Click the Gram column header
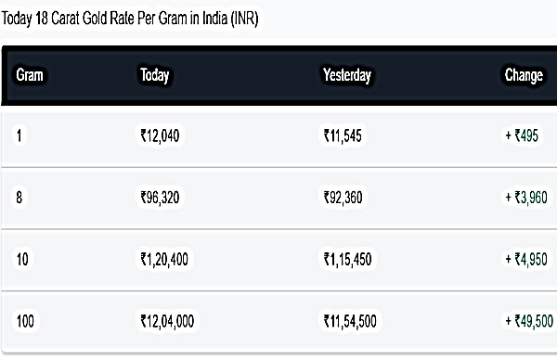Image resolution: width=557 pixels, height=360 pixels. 32,76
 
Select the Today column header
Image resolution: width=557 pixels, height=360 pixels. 154,76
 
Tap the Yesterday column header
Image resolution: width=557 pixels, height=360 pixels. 346,76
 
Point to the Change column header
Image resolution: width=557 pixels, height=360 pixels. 524,76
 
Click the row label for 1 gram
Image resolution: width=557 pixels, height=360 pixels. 19,136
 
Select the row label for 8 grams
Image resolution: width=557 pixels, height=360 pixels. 19,198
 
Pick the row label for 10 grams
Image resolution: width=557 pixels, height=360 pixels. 23,259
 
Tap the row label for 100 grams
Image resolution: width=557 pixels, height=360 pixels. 27,321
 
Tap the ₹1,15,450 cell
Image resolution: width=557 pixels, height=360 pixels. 347,259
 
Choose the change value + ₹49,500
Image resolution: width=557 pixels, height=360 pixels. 529,321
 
